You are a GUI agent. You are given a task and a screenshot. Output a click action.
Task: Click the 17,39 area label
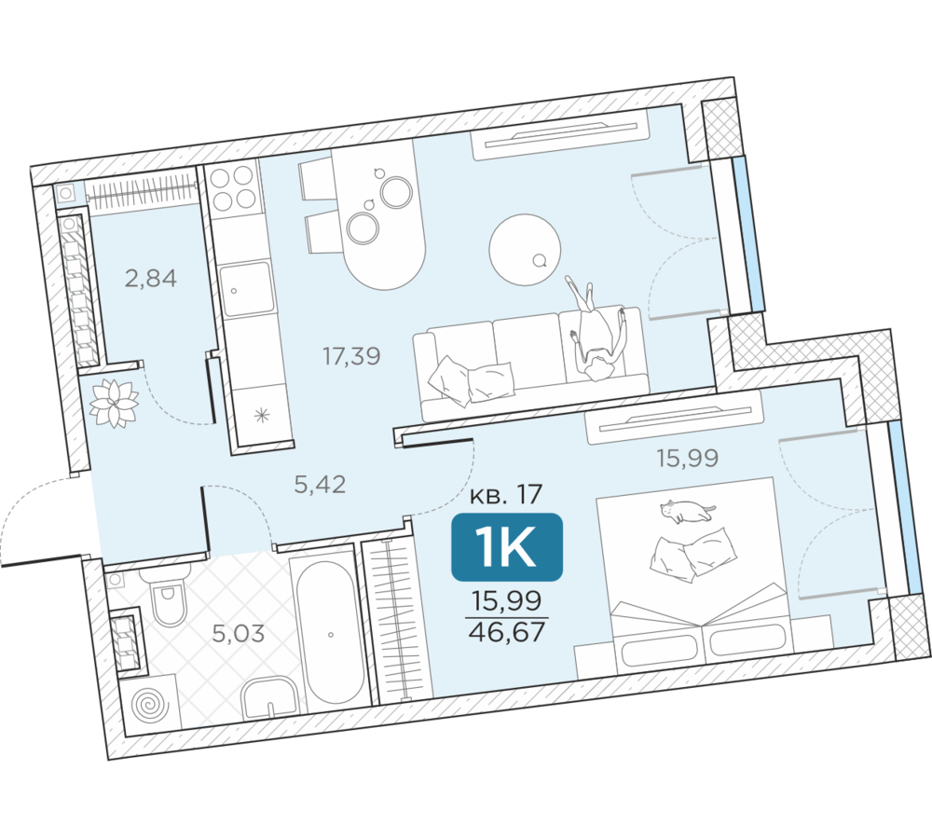coord(351,356)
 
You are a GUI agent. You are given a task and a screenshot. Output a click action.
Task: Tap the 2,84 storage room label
coord(150,279)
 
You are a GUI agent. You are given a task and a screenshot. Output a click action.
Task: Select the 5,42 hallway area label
coord(320,485)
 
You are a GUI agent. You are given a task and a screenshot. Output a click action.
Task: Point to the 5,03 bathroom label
coord(239,634)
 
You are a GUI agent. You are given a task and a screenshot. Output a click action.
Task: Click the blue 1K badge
coord(507,547)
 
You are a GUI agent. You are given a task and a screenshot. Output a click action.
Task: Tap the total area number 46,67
coord(507,631)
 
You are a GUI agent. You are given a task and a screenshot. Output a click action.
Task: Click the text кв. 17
coord(506,495)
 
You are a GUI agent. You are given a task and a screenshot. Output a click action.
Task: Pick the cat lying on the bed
coord(687,511)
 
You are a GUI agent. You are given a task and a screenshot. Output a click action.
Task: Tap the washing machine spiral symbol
coord(148,705)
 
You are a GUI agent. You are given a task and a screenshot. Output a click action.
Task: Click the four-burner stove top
coord(234,188)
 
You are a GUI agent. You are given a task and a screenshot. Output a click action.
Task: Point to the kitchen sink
coord(247,290)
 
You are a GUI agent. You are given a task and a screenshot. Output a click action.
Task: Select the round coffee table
coord(525,250)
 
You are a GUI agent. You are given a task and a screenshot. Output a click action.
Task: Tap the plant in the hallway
coord(113,403)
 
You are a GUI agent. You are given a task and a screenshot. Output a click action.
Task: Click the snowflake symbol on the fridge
coord(262,415)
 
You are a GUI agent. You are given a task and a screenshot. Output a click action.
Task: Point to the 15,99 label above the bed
coord(687,458)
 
